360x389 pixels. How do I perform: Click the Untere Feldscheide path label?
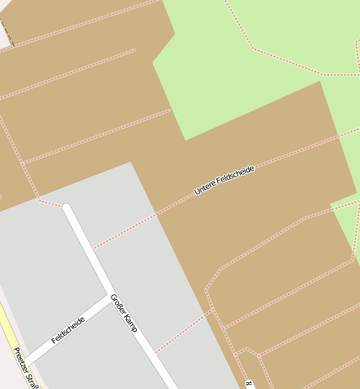(224, 181)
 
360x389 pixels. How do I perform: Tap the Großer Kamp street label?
(124, 312)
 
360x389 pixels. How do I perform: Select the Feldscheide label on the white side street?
(68, 330)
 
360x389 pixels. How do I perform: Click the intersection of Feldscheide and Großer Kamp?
(109, 296)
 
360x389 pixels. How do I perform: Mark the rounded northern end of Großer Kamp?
(67, 208)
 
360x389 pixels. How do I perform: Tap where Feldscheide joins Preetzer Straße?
(25, 361)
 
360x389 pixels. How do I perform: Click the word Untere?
(206, 188)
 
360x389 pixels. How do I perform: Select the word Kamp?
(130, 322)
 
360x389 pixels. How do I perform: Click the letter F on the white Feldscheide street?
(54, 340)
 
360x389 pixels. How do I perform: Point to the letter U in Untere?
(197, 192)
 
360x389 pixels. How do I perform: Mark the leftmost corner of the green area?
(153, 62)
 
